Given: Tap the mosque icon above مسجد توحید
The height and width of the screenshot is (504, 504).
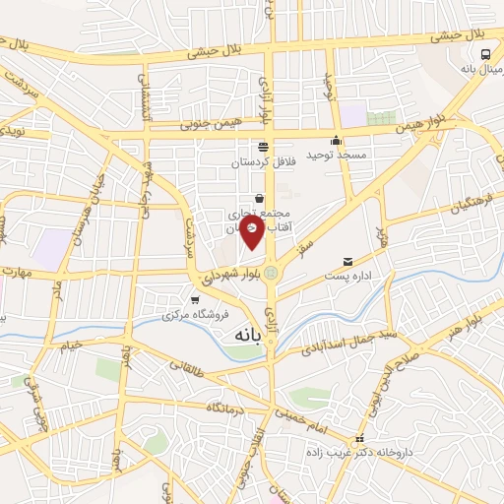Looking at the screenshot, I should tap(337, 140).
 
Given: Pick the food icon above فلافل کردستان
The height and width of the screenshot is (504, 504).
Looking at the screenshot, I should tap(262, 147).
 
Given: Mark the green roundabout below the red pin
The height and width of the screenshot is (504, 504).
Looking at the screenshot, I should tap(271, 273).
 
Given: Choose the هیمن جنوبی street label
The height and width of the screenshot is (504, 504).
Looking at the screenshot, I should tap(208, 125).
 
